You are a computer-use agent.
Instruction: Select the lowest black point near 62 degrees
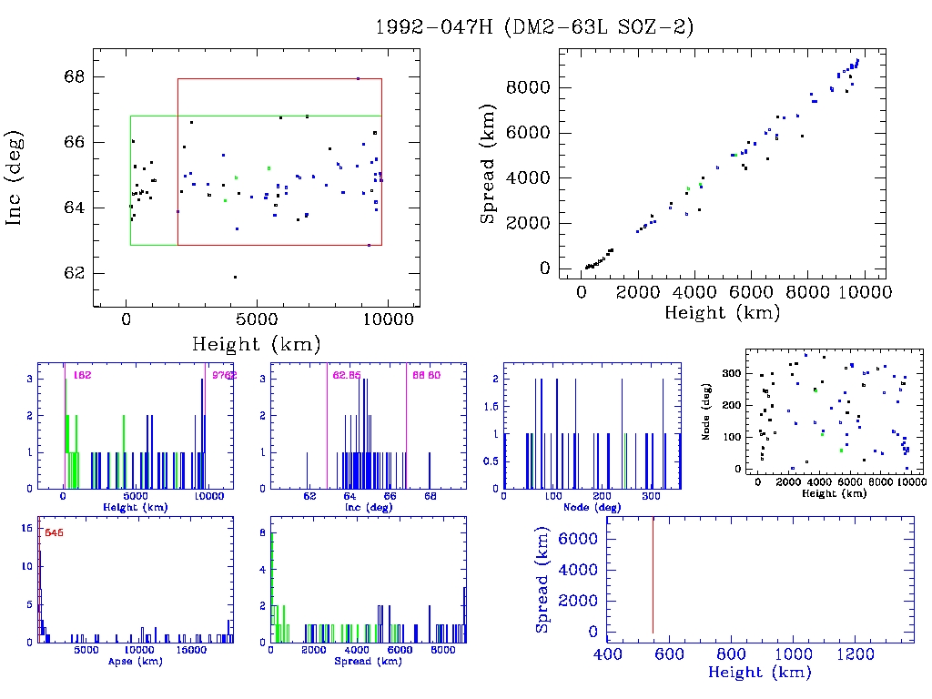235,277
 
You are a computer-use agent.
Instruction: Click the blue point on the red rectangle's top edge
358,78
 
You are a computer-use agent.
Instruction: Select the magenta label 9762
224,375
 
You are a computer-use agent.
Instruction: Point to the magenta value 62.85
347,375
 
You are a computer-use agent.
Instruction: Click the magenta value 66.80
426,375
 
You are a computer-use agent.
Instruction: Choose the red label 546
53,532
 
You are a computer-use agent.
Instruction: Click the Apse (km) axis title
136,662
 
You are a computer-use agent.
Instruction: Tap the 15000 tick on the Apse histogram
192,651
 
